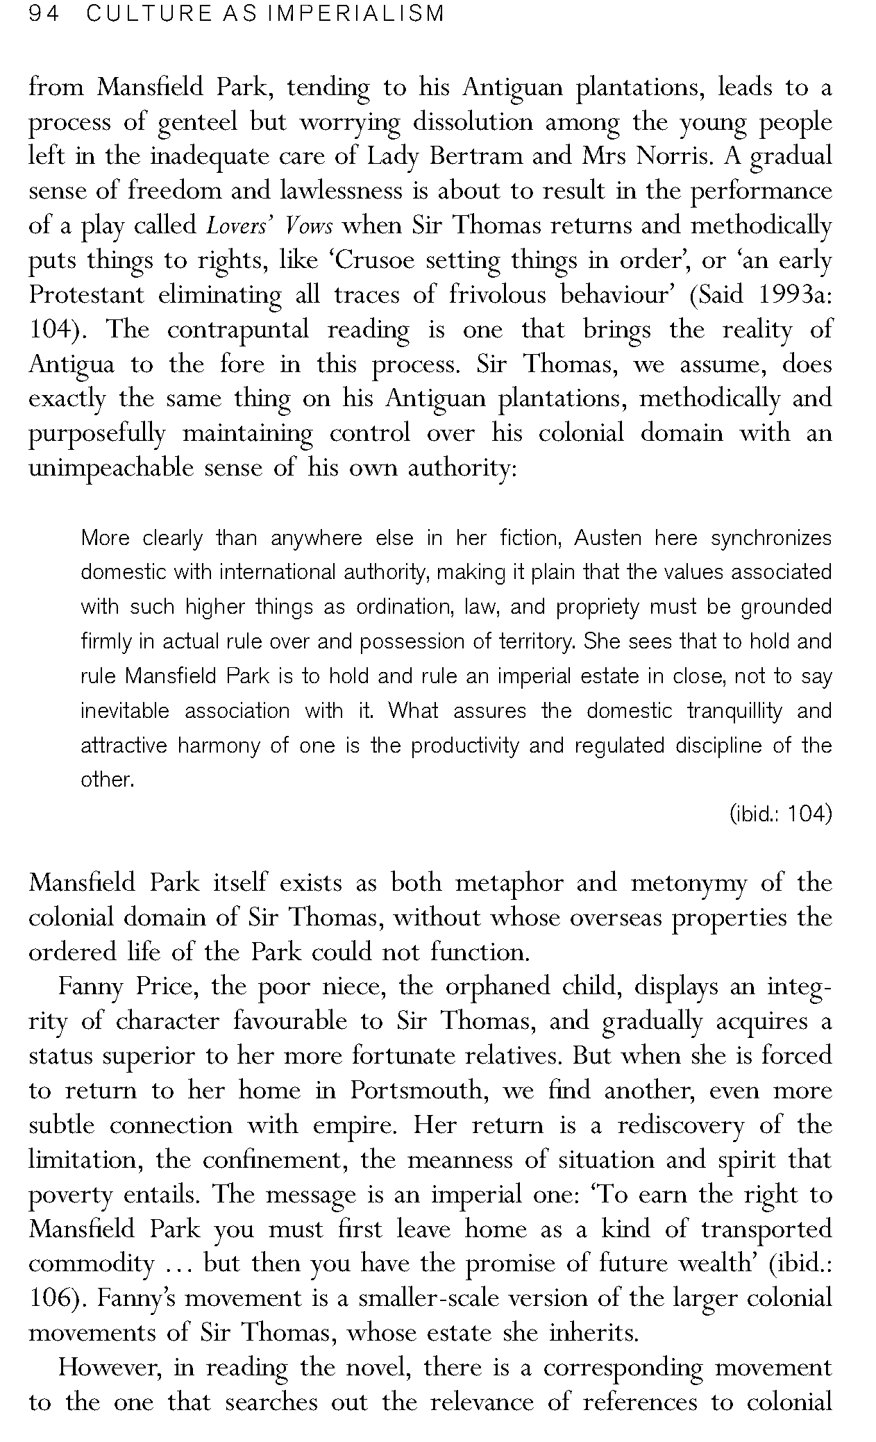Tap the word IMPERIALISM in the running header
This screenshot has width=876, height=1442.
(x=355, y=14)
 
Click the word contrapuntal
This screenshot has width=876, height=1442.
(x=237, y=330)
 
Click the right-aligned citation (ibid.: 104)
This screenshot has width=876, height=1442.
(x=780, y=814)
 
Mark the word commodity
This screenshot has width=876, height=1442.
(x=90, y=1264)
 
